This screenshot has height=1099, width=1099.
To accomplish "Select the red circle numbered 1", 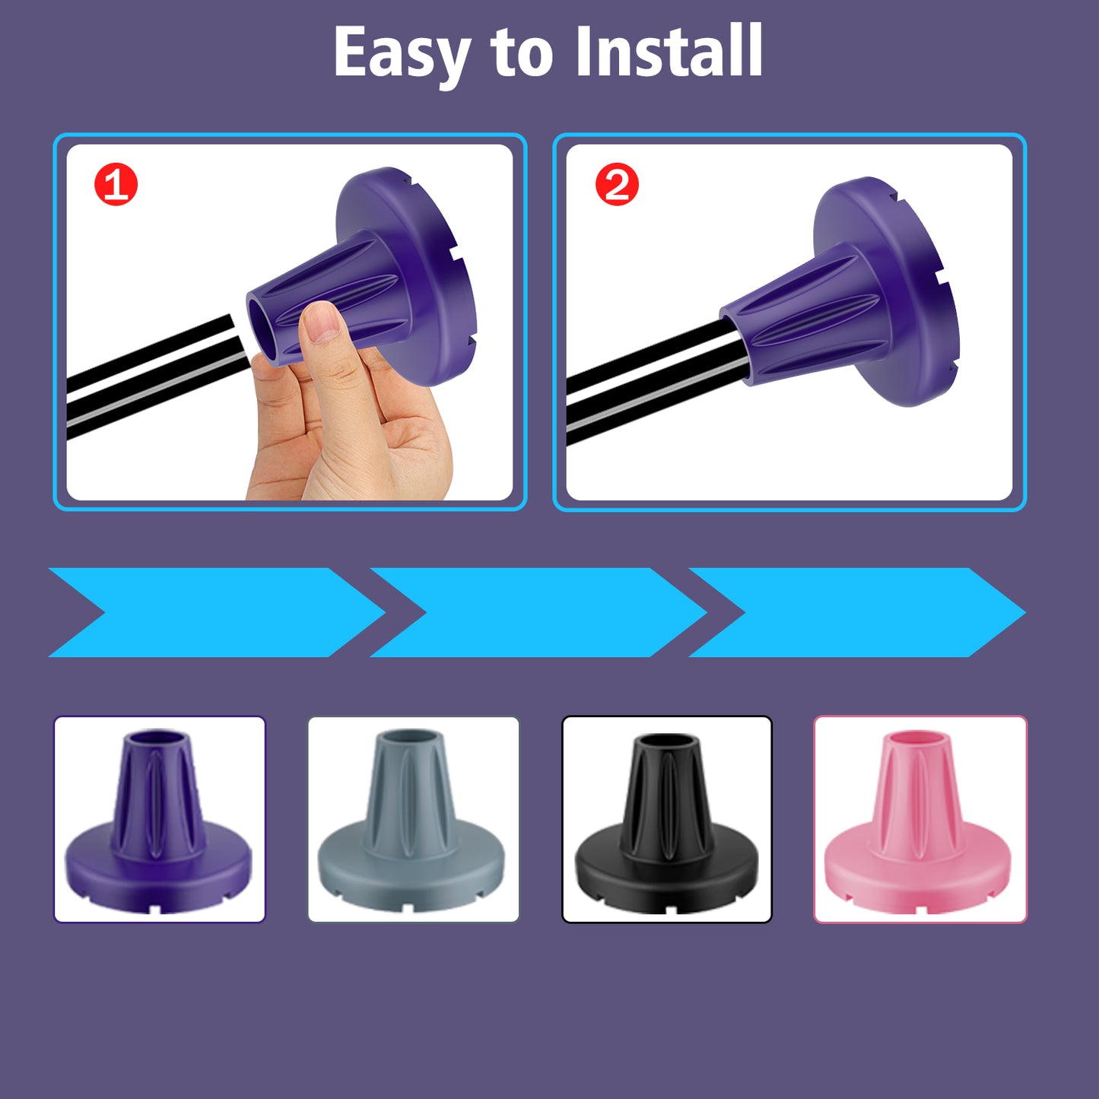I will click(x=116, y=185).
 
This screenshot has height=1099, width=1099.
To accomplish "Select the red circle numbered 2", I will click(x=617, y=186).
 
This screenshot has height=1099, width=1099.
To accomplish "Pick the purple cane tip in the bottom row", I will click(x=159, y=821).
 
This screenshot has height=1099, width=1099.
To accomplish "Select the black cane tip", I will click(x=667, y=821).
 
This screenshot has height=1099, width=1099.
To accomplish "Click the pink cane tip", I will click(x=920, y=821).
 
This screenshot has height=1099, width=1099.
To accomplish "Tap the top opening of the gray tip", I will click(x=411, y=737).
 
